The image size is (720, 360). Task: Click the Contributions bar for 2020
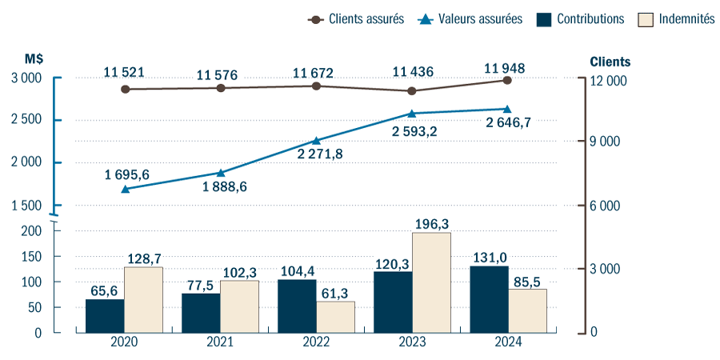[x=105, y=316]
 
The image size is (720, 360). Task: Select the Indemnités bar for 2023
[x=431, y=282]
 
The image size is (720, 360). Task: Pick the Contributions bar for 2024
[x=489, y=299]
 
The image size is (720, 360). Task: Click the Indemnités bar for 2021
[x=239, y=306]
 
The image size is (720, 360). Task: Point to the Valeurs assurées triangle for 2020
[x=125, y=189]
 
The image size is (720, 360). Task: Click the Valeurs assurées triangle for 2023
[x=412, y=114]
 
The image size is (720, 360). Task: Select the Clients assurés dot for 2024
[x=507, y=80]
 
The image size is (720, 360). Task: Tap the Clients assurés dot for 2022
[x=317, y=86]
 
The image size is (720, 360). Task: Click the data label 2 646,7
[x=508, y=123]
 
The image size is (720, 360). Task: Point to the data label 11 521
[x=124, y=73]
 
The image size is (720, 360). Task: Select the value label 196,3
[x=431, y=224]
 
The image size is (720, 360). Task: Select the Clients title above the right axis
[x=610, y=62]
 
